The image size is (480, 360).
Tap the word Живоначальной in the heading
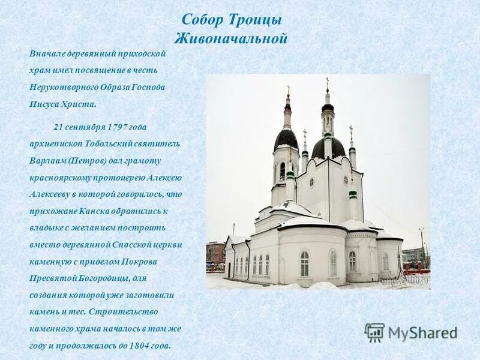231,39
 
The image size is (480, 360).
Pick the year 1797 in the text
117,127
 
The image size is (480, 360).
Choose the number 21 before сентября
58,127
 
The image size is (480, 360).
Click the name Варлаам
47,161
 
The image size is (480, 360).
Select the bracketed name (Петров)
88,161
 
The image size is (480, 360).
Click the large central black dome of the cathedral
328,147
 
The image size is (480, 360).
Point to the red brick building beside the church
214,251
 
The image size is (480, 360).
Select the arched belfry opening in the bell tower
282,172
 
